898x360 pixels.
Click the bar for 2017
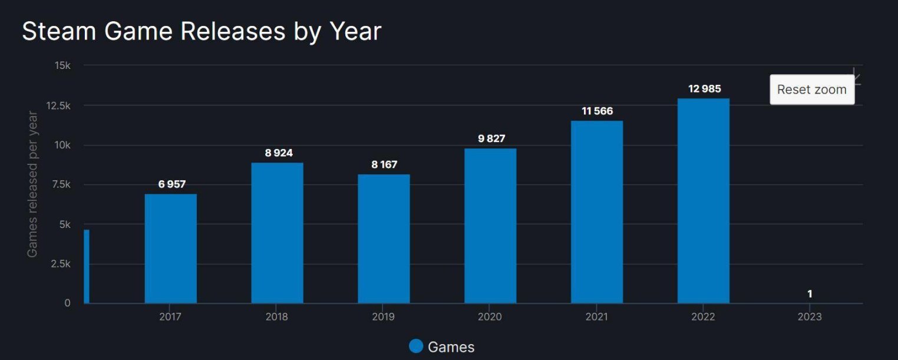click(x=171, y=249)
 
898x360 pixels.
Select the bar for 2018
click(x=277, y=233)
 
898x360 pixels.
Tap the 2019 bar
click(x=384, y=239)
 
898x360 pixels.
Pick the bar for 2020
click(x=490, y=226)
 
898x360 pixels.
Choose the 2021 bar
click(x=597, y=212)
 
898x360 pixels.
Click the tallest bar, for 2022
click(x=704, y=201)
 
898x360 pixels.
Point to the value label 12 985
click(x=704, y=89)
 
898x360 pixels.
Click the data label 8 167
click(x=384, y=164)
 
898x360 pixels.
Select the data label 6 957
click(x=171, y=184)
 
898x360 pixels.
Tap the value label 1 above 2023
click(x=810, y=293)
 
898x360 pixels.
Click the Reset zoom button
click(x=811, y=90)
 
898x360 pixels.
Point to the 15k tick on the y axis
click(x=62, y=65)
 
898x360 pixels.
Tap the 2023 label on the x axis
click(x=810, y=317)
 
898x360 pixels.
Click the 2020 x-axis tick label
click(x=490, y=317)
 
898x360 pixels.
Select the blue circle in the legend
click(x=416, y=346)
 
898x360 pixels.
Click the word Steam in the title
click(x=59, y=31)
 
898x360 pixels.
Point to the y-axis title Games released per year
click(x=32, y=184)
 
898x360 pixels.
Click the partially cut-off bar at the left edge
click(x=87, y=266)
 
